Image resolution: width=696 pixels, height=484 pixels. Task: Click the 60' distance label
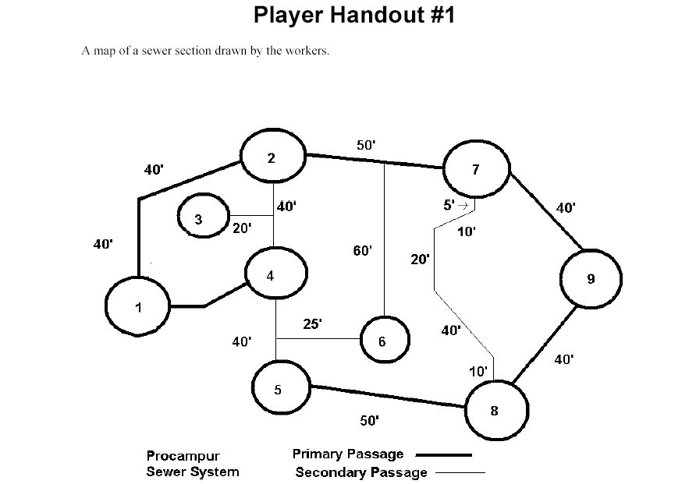(x=362, y=251)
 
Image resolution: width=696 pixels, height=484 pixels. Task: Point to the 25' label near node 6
(x=312, y=324)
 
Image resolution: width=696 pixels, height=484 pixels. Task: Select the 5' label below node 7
(x=449, y=205)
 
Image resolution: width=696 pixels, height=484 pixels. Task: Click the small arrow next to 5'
(x=463, y=206)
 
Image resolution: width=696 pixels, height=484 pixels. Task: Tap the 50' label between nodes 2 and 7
(x=366, y=145)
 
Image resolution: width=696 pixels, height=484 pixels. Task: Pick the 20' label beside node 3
(x=242, y=228)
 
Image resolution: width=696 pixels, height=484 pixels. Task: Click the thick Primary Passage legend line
(x=443, y=455)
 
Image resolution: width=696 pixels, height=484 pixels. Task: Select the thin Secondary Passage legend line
(x=460, y=473)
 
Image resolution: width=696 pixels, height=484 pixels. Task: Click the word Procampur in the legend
(x=183, y=456)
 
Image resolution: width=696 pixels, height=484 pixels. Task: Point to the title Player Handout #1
(x=354, y=15)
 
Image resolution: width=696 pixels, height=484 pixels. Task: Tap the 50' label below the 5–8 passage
(x=369, y=421)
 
